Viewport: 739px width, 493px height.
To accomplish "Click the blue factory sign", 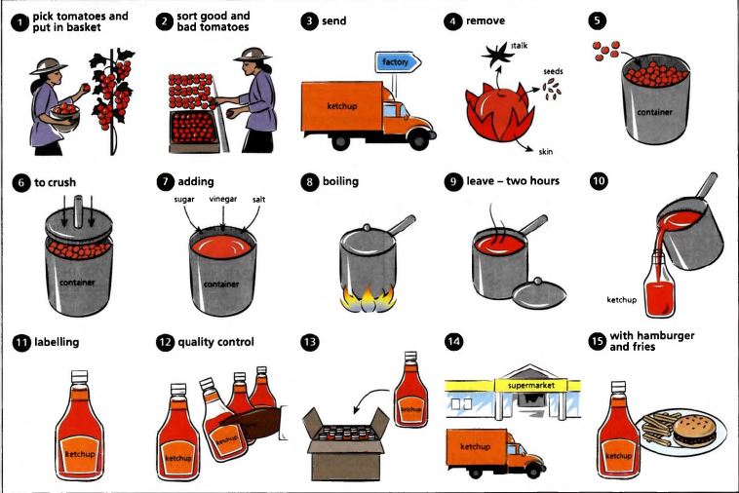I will point(398,62).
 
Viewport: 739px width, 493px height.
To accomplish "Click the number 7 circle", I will point(166,182).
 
